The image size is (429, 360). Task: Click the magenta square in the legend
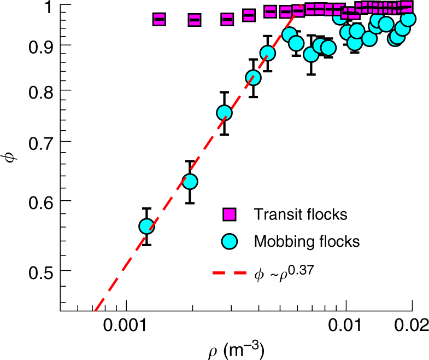click(228, 214)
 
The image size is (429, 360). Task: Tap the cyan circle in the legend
click(228, 241)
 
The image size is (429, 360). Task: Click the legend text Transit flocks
click(300, 214)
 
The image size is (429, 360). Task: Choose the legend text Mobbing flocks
click(306, 241)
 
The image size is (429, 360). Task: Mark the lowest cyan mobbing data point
click(146, 227)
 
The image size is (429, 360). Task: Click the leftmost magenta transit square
click(158, 19)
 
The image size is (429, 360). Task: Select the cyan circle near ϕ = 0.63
click(189, 182)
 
